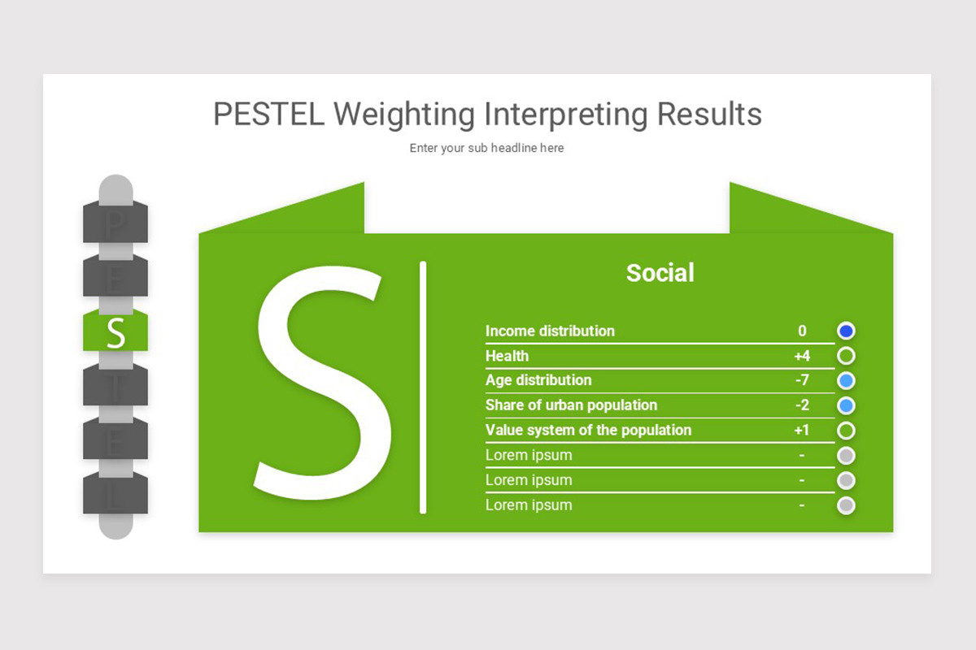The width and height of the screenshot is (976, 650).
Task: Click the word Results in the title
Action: pos(709,115)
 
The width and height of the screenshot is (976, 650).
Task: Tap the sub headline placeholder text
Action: pos(486,148)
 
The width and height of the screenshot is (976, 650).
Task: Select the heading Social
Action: pos(660,273)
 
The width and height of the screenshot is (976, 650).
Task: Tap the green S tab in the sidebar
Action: pos(115,332)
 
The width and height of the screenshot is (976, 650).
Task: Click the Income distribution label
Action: pos(550,331)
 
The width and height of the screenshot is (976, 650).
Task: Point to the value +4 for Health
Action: pos(802,356)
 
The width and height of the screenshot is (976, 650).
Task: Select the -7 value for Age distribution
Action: pos(802,380)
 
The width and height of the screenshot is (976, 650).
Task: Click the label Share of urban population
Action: pos(571,405)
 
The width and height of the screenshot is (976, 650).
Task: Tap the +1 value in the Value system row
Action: pos(802,430)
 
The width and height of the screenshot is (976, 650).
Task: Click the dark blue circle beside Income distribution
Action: pos(846,331)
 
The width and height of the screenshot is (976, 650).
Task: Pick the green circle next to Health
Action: pos(846,356)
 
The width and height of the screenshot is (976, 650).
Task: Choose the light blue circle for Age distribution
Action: pos(846,380)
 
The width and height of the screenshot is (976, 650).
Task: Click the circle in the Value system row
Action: pos(846,430)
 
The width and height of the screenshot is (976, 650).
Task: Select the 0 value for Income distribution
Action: pos(802,331)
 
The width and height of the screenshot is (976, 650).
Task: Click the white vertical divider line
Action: pos(423,387)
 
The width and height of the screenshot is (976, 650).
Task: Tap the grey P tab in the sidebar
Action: pos(115,222)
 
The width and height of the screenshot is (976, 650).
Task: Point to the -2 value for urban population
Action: pos(802,405)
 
